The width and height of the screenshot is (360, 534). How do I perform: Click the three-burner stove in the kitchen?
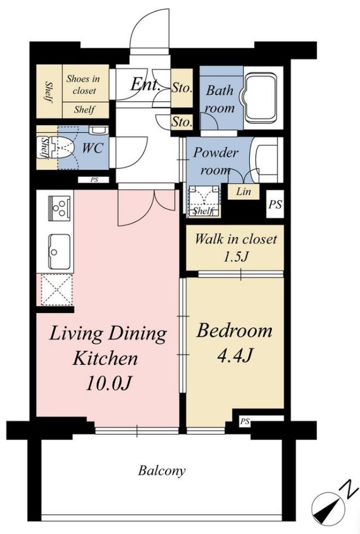point(60,208)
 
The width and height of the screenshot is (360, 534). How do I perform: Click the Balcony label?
point(162,471)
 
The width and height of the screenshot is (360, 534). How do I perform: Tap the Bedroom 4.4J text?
point(235,343)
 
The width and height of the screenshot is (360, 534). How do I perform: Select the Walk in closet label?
point(235,239)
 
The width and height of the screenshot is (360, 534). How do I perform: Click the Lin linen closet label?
point(244,191)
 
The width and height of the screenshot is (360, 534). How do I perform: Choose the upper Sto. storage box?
point(181,88)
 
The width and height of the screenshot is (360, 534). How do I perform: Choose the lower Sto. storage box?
point(181,121)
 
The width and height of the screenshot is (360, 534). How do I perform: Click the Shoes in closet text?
point(84,84)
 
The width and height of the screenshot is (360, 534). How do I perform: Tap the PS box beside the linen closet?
point(275,204)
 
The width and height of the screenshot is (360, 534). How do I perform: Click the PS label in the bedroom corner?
point(245,422)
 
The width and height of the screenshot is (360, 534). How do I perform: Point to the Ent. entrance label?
point(145,84)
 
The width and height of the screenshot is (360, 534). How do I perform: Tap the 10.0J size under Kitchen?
point(108,384)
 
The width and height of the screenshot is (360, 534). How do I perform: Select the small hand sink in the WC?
point(98,130)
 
